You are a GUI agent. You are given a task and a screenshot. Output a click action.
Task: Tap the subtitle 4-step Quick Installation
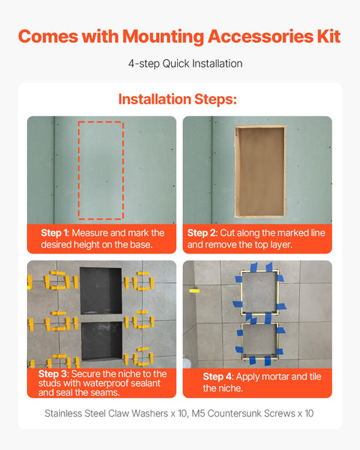pyautogui.click(x=180, y=64)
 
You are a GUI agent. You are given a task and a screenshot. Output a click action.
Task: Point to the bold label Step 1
pyautogui.click(x=53, y=233)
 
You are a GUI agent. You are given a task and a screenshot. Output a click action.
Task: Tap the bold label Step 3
pyautogui.click(x=53, y=373)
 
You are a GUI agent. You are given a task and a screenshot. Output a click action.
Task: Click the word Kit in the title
pyautogui.click(x=327, y=36)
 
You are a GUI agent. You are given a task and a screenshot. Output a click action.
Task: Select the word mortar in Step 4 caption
pyautogui.click(x=275, y=376)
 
